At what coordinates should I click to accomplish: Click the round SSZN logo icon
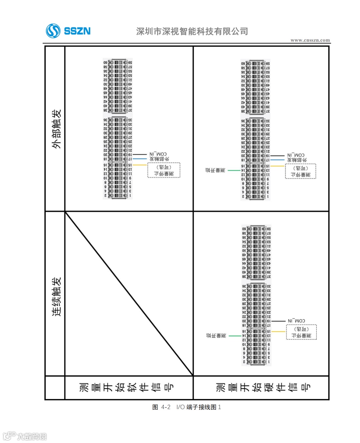[53, 31]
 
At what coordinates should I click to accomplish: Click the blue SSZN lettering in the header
[77, 31]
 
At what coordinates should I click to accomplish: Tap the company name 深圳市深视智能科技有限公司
[192, 31]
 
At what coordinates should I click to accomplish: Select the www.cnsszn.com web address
[310, 40]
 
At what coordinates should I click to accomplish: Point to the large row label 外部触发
[56, 129]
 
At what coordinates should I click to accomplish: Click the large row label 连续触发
[56, 296]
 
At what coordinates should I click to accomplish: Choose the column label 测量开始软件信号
[127, 387]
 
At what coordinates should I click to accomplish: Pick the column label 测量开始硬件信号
[263, 387]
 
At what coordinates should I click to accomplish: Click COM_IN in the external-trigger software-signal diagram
[158, 154]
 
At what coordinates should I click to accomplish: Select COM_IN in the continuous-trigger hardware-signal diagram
[296, 321]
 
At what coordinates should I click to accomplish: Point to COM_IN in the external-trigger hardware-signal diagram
[296, 155]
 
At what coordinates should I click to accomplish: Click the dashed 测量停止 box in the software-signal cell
[164, 170]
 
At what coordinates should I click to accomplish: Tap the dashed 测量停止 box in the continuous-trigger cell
[301, 332]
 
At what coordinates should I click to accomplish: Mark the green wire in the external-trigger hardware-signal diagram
[234, 170]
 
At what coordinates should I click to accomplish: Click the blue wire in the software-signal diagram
[139, 159]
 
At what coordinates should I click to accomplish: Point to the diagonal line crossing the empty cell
[129, 294]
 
